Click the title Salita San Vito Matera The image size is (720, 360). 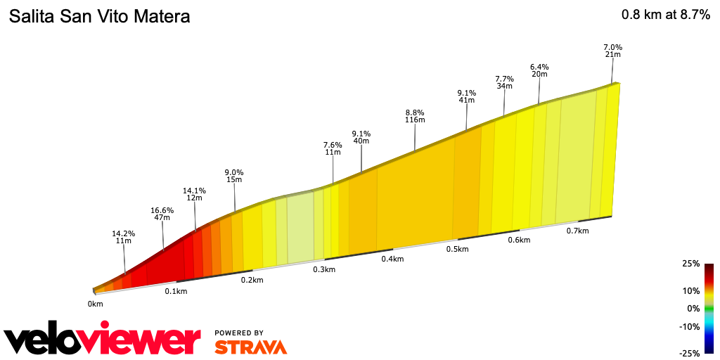[99, 16]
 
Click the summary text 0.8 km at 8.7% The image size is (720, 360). [665, 15]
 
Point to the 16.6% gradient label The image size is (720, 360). [162, 214]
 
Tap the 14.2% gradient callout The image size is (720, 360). [123, 237]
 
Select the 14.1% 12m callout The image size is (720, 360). [194, 194]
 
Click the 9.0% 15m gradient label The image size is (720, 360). [233, 176]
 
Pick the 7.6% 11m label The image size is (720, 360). [333, 148]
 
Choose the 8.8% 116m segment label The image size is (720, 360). [415, 116]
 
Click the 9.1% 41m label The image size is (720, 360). [467, 96]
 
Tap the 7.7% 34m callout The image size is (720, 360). [504, 82]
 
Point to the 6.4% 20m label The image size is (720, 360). [539, 70]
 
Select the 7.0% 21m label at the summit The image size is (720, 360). [612, 51]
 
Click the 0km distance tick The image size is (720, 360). [96, 304]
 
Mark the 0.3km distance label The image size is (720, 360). [323, 270]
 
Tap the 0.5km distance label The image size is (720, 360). [457, 250]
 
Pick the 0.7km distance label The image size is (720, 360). [578, 231]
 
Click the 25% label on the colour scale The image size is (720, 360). [690, 264]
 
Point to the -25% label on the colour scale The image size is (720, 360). [689, 353]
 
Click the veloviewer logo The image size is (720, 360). [102, 340]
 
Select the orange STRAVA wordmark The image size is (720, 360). [250, 347]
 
